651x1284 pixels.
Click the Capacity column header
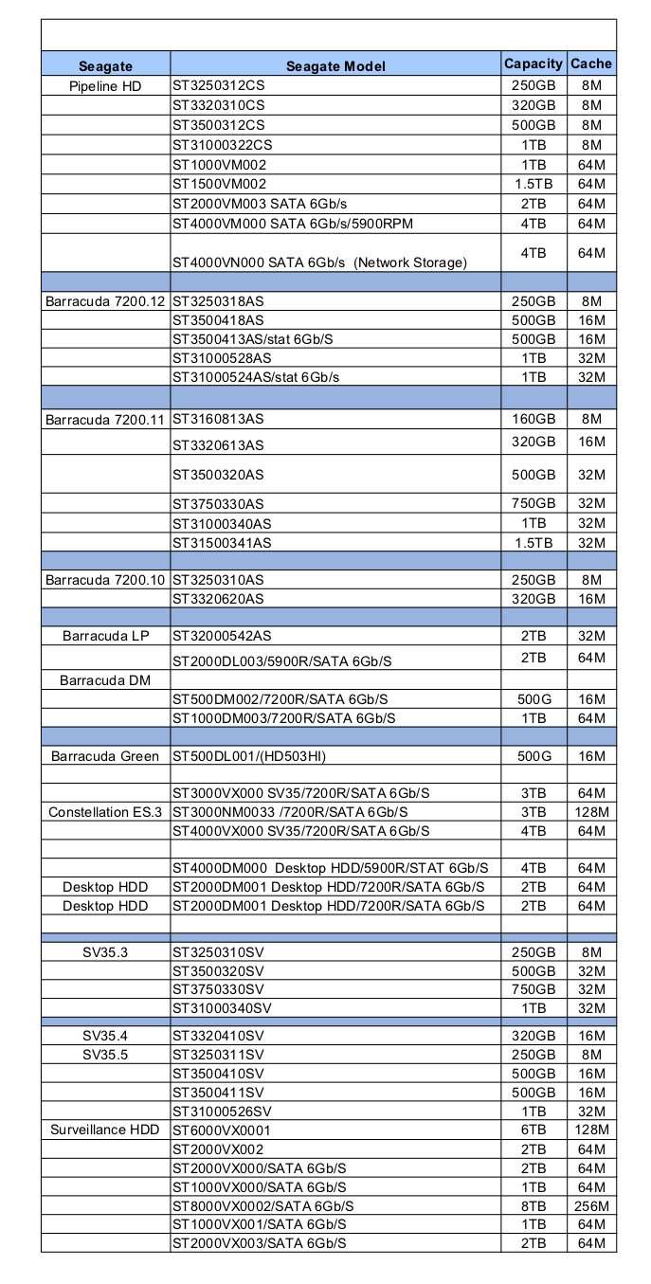point(533,63)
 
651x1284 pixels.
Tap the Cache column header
point(591,63)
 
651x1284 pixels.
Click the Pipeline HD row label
point(105,86)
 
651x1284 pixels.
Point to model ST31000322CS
point(222,145)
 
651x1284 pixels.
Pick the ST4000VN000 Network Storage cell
point(319,262)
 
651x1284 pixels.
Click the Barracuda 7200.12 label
point(105,301)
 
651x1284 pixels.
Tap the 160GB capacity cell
point(533,418)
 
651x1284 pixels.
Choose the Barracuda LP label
point(105,635)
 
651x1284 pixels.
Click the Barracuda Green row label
point(105,756)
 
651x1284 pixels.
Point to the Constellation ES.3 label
point(105,812)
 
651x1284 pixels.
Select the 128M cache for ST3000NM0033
point(591,812)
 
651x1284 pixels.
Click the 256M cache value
point(591,1205)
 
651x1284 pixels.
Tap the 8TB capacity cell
point(533,1205)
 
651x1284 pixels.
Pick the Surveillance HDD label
point(105,1130)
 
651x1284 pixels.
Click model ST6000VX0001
point(222,1130)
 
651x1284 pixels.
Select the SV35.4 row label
point(105,1036)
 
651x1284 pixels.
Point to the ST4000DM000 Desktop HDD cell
point(330,868)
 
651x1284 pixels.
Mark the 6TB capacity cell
point(533,1130)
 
